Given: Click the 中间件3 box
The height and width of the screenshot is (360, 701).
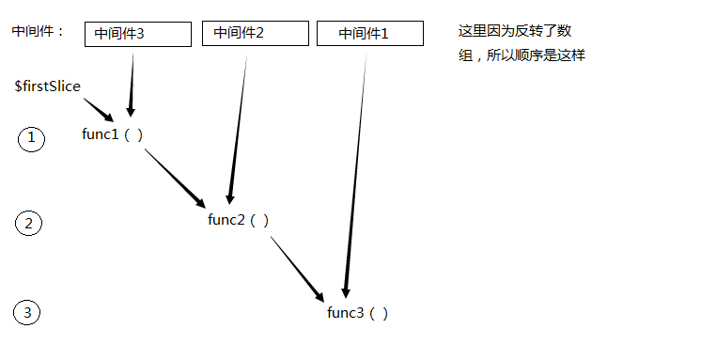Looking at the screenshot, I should [137, 34].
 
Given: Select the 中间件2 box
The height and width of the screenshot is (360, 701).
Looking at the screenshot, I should [255, 33].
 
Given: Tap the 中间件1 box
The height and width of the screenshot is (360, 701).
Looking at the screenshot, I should [369, 34].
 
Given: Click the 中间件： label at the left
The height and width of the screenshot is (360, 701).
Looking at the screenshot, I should [39, 31].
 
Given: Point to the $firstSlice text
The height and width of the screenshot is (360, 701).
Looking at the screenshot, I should [47, 86].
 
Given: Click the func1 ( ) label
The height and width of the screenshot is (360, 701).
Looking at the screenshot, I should [113, 133].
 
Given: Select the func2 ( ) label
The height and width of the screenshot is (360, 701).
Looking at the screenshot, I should [239, 220].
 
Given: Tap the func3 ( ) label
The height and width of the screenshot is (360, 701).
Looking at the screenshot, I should [357, 312].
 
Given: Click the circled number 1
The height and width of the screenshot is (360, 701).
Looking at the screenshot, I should [31, 139].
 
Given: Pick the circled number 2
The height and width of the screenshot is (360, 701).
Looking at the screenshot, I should [29, 224].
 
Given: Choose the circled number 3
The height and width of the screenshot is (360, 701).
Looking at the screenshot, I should [29, 313].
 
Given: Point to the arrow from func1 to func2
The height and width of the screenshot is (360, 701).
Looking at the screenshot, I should [174, 175].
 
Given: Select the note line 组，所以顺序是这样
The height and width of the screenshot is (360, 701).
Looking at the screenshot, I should [522, 55].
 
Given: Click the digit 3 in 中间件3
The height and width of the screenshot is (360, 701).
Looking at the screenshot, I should [166, 34].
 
